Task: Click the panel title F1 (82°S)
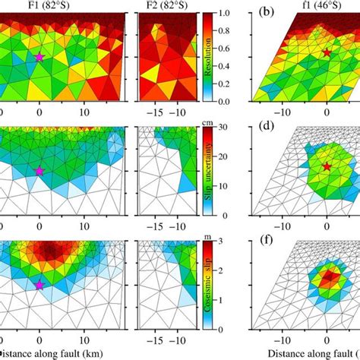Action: click(45, 6)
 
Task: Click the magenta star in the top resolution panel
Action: click(39, 57)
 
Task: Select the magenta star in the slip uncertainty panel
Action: click(39, 172)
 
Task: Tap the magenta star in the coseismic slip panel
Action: click(39, 286)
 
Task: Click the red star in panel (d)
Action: click(327, 166)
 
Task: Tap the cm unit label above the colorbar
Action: click(206, 121)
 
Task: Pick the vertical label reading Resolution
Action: click(230, 57)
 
